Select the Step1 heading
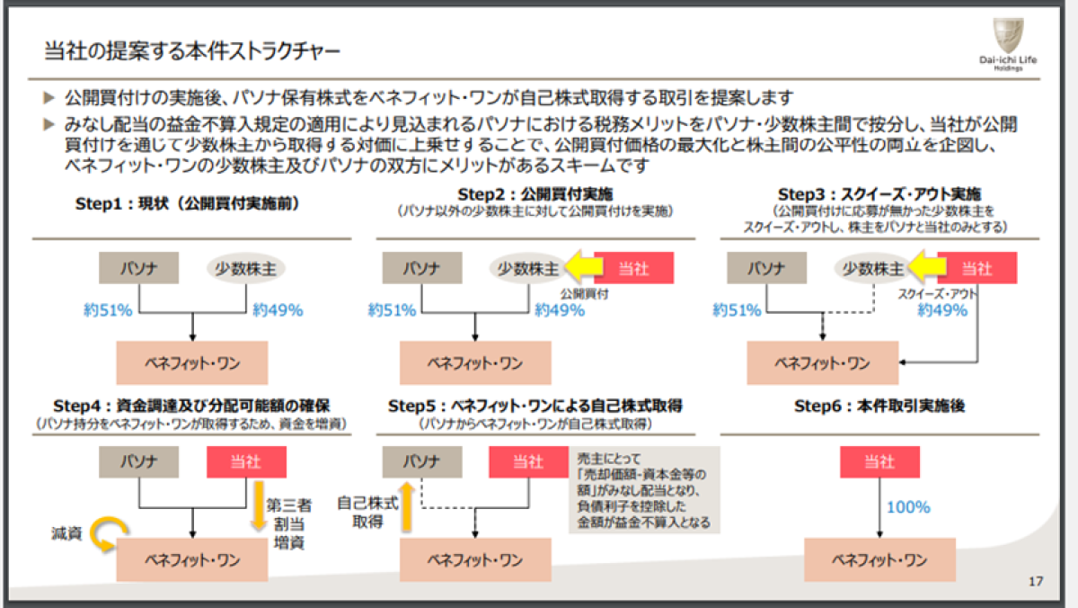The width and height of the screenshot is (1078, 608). (188, 203)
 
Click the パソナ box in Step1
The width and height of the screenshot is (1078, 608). (138, 268)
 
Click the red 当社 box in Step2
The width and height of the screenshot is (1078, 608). (633, 268)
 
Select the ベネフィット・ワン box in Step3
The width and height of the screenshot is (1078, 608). (822, 363)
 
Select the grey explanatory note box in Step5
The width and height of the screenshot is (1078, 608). (640, 491)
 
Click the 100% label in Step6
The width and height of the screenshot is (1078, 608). (908, 507)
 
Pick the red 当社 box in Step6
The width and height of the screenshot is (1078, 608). (879, 462)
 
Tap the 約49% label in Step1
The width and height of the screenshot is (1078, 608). (278, 310)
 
